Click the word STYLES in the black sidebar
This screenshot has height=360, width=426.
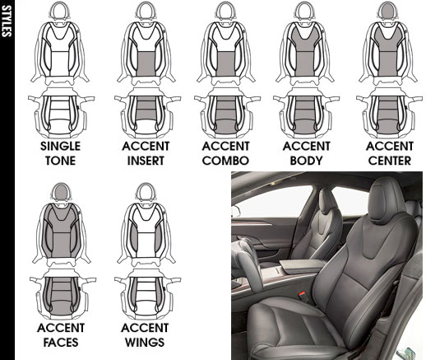tap(7, 21)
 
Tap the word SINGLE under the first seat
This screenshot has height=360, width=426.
tap(60, 146)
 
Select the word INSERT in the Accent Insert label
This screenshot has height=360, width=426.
tap(146, 161)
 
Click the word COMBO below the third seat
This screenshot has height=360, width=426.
tap(225, 161)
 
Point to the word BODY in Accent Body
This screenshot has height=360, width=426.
tap(306, 161)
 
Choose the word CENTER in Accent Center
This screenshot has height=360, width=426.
tap(390, 161)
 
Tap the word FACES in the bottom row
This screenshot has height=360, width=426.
tap(61, 343)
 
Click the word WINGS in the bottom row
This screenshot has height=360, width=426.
tap(145, 343)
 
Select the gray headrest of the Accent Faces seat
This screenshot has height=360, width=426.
tap(61, 192)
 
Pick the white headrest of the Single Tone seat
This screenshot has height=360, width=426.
tap(58, 11)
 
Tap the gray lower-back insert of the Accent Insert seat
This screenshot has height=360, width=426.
tap(146, 63)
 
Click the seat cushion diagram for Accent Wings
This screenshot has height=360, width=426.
tap(146, 295)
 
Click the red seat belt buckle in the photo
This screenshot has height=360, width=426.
tap(303, 296)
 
